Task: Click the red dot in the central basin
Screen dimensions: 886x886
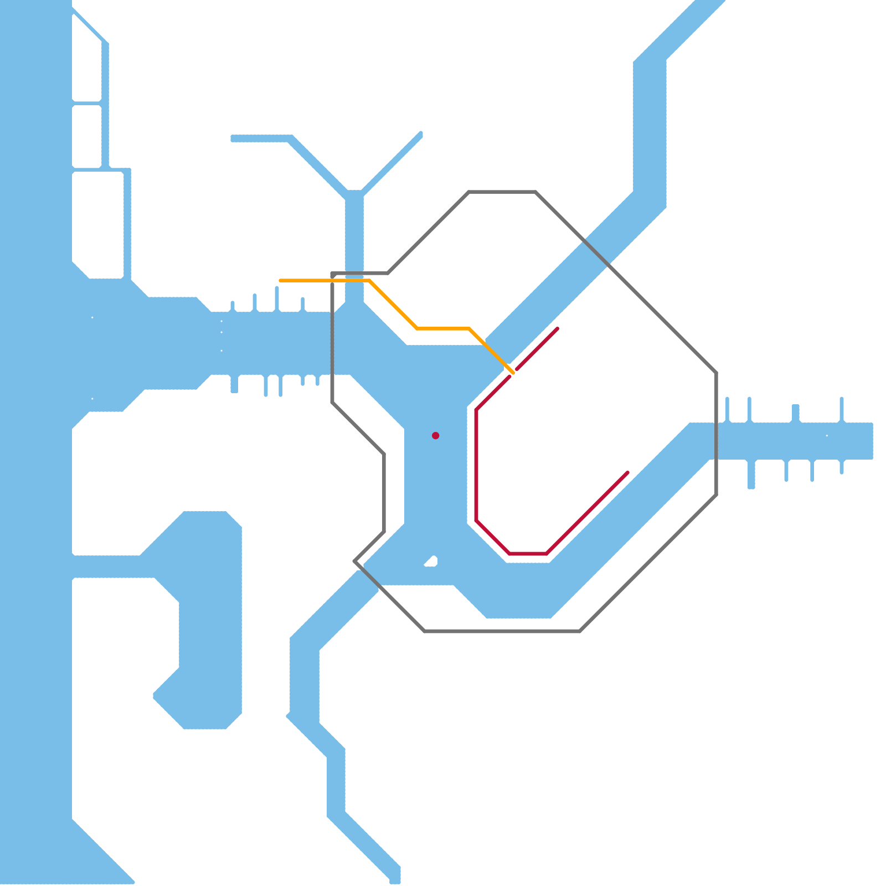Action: point(436,436)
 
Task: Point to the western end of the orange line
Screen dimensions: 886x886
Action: point(281,281)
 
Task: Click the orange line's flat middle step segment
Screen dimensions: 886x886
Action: point(443,328)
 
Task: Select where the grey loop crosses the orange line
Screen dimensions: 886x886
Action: point(332,281)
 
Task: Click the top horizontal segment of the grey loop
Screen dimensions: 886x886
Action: point(502,192)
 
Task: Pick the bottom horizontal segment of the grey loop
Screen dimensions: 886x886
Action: point(502,631)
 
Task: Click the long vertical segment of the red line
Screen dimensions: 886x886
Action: point(476,465)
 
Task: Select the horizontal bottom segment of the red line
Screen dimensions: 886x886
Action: point(528,553)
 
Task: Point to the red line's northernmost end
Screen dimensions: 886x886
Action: point(557,329)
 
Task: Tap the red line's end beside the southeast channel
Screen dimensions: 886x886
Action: point(627,472)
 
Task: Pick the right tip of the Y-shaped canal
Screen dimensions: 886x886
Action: point(420,134)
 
